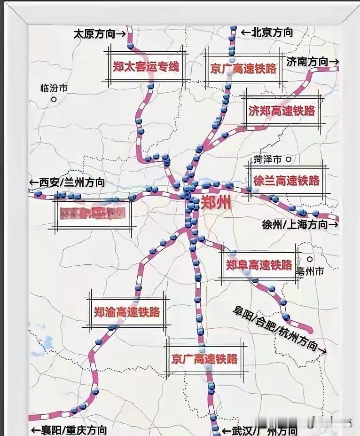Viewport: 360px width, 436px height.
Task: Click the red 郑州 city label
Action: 216,203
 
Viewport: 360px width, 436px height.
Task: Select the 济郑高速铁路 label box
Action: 282,111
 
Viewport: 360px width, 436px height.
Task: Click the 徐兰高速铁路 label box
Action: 286,180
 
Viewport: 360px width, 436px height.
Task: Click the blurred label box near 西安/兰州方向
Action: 93,214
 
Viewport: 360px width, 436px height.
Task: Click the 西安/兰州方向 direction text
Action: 67,182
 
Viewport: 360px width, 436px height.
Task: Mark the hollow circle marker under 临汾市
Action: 54,99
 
